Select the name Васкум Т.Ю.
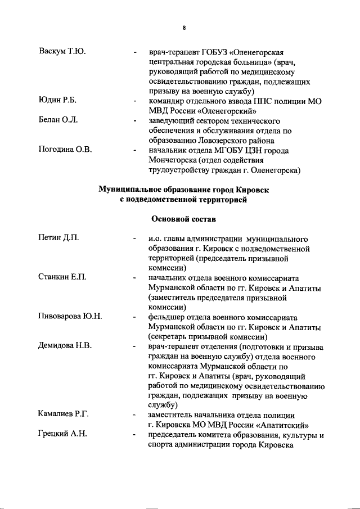[62, 52]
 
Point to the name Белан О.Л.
[58, 120]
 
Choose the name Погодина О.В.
[65, 150]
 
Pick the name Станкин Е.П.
[62, 278]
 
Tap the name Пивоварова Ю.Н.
[70, 317]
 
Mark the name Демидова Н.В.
[65, 345]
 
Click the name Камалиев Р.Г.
[64, 415]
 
